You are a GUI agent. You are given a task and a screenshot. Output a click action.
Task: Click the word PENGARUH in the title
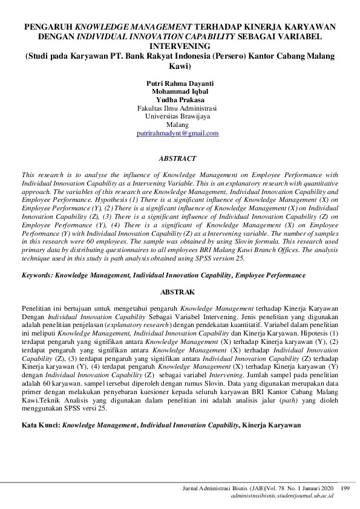coord(49,27)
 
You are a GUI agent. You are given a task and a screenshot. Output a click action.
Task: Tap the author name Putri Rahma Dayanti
coord(180,83)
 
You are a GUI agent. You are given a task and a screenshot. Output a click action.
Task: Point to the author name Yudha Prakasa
coord(180,100)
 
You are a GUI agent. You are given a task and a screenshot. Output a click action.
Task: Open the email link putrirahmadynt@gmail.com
coord(177,133)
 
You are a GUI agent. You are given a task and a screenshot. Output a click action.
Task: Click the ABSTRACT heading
coord(177,158)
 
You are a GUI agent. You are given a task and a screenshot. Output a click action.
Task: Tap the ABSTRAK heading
coord(177,292)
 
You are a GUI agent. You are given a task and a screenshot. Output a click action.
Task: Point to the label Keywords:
coord(37,275)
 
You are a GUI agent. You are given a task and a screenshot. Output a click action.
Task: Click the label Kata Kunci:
coord(41,426)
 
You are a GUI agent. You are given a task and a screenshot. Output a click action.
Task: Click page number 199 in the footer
coord(345,488)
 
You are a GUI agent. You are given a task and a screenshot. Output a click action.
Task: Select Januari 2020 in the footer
coord(318,488)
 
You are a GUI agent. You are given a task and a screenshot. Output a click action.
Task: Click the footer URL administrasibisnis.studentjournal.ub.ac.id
coord(282,496)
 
